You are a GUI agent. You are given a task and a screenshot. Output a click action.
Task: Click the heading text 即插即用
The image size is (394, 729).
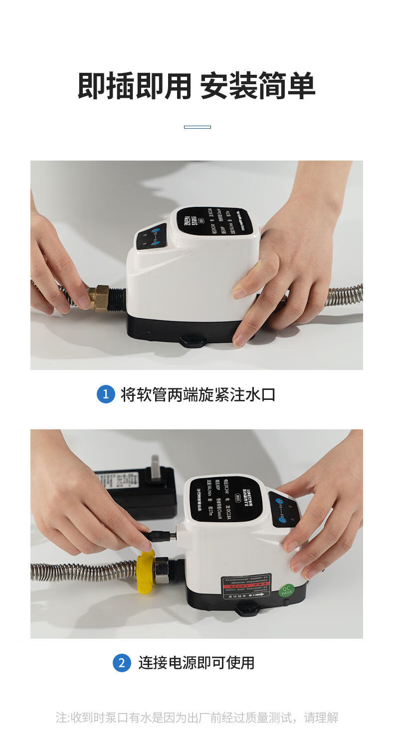pos(135,86)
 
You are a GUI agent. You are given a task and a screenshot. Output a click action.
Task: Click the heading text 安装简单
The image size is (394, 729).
pos(257,86)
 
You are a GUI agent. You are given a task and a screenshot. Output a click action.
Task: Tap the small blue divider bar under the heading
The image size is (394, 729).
pos(197,127)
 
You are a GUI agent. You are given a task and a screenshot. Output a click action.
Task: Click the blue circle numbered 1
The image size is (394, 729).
pos(106,394)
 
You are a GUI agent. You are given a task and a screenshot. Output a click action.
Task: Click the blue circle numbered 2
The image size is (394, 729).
pos(122,663)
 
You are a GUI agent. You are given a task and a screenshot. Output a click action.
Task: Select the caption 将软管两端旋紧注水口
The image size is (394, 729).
pos(198,394)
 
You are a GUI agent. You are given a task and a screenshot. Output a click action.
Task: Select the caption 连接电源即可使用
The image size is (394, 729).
pos(197,663)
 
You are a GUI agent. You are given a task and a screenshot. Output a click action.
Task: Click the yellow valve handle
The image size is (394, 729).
pos(145,572)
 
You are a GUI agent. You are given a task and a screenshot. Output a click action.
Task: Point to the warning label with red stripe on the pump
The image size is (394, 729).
pos(246,586)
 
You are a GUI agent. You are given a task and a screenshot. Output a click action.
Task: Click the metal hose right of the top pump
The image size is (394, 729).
pos(344,295)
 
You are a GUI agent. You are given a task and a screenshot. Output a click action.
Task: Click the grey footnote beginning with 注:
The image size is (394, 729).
pos(197,718)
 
